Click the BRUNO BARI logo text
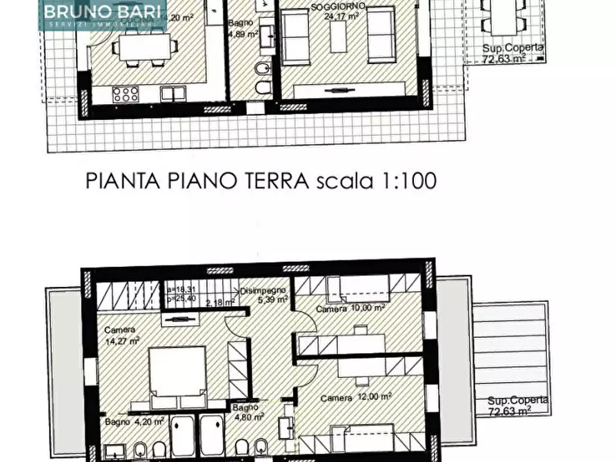tap(103, 12)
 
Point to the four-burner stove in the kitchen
tap(126, 94)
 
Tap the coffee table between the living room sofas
tap(338, 35)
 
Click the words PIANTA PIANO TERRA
tap(197, 181)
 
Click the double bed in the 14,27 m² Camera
tap(178, 376)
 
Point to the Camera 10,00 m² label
tap(350, 309)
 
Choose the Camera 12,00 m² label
tap(356, 397)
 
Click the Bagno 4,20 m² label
tap(135, 421)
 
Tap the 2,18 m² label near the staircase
tap(221, 302)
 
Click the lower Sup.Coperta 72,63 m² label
tap(517, 405)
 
